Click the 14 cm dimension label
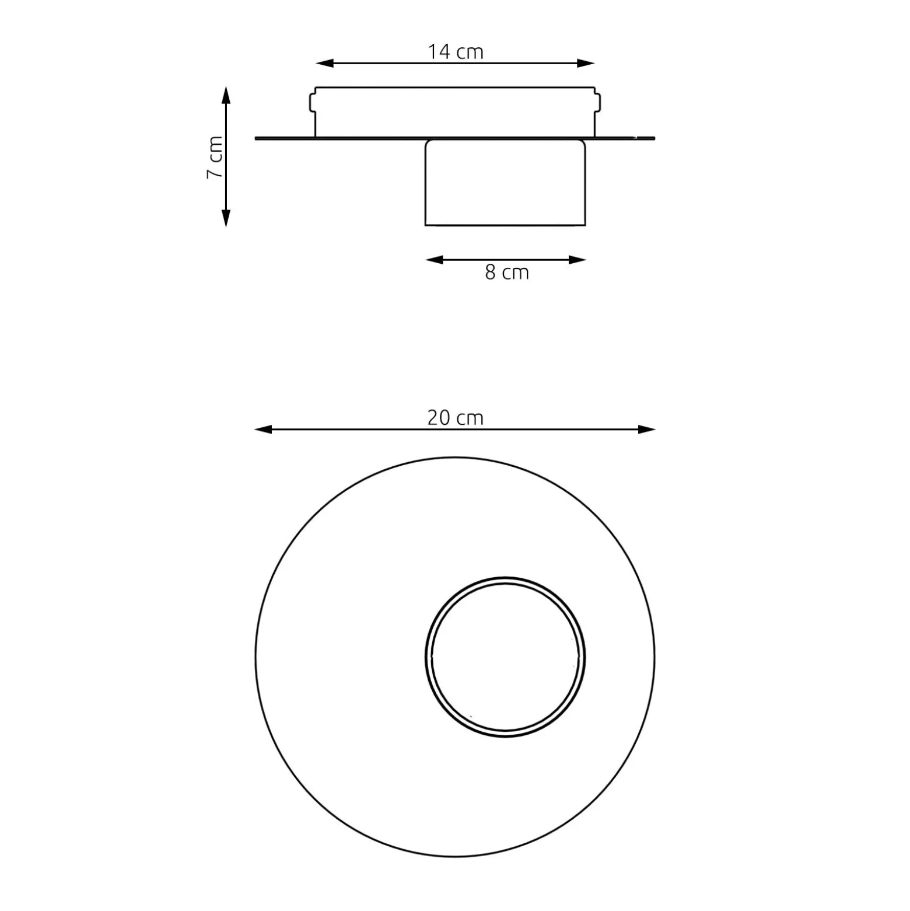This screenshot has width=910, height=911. click(x=456, y=52)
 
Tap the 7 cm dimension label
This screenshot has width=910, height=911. click(x=215, y=158)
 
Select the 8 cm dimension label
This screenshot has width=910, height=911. click(x=507, y=273)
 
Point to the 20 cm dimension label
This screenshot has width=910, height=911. click(x=456, y=418)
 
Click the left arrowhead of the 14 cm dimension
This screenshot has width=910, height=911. click(x=324, y=63)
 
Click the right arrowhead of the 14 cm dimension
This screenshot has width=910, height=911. click(x=586, y=63)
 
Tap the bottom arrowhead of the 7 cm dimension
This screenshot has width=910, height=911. click(x=226, y=218)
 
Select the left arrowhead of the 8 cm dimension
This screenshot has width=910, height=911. click(x=435, y=260)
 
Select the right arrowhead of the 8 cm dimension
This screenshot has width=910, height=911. click(x=577, y=260)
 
